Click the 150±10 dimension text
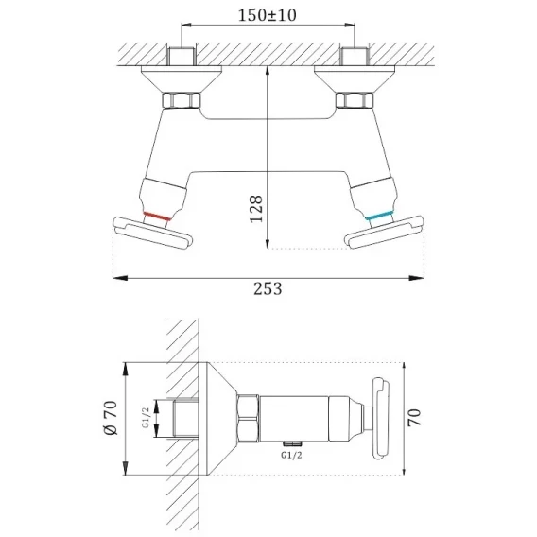[268, 15]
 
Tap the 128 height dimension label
[256, 209]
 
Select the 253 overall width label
[268, 288]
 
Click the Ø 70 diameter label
[111, 418]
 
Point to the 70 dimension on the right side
[414, 418]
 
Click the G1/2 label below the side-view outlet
[292, 455]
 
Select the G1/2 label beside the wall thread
[146, 418]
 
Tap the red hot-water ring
[157, 217]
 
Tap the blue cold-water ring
[378, 216]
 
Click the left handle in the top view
[152, 233]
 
